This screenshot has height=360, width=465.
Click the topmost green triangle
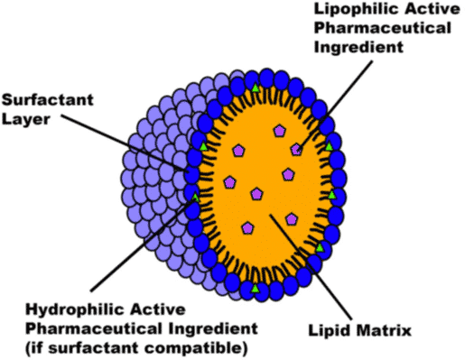click(x=256, y=88)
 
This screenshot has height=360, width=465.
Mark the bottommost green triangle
click(x=256, y=288)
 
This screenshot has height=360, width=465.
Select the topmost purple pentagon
click(x=278, y=132)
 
